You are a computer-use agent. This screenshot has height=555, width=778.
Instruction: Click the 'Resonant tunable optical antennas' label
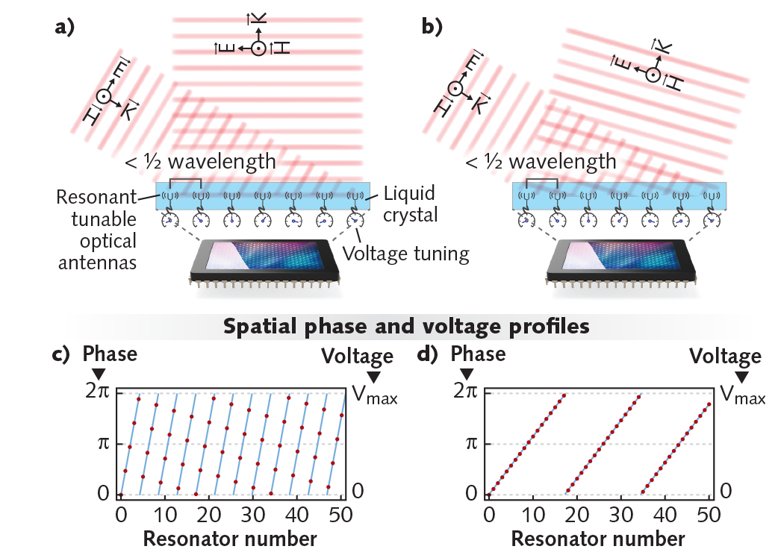[96, 228]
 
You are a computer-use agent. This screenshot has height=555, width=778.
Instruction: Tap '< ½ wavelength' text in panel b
[541, 161]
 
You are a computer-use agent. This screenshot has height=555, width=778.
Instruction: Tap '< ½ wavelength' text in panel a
[201, 161]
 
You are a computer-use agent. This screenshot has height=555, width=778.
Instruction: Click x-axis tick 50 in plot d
[708, 515]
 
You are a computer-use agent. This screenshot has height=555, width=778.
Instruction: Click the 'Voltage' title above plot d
[725, 356]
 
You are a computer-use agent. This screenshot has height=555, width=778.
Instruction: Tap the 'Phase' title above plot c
[110, 353]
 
